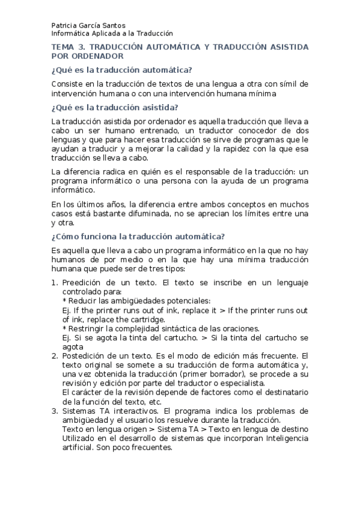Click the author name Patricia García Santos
click(89, 26)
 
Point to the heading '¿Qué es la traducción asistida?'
click(115, 108)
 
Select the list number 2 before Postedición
click(53, 355)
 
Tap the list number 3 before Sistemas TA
click(53, 411)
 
